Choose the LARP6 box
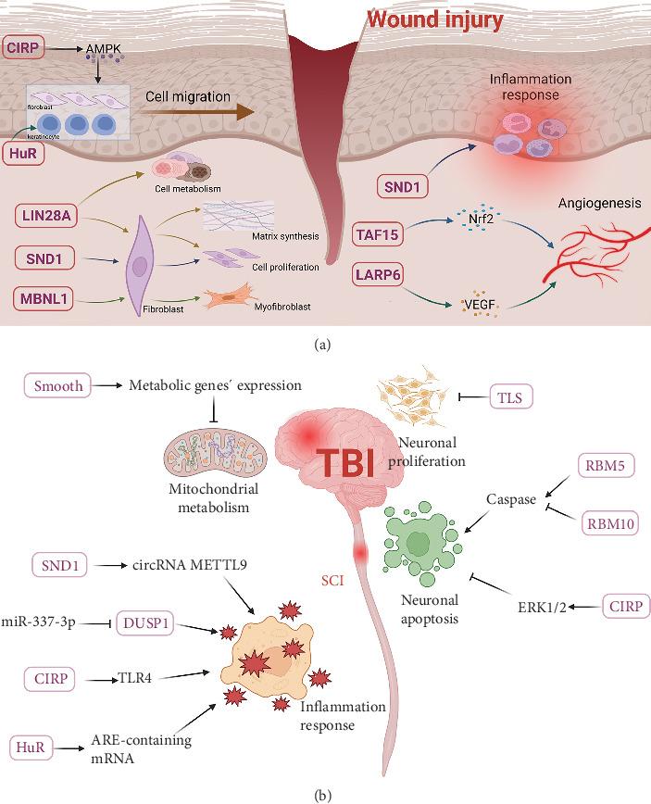(380, 275)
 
